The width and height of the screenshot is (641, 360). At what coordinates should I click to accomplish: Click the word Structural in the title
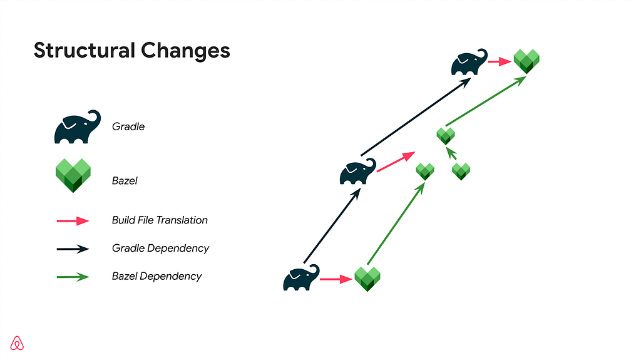(85, 50)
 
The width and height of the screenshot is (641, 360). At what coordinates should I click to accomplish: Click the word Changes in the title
(185, 51)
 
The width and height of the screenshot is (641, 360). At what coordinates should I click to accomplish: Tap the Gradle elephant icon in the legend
(77, 127)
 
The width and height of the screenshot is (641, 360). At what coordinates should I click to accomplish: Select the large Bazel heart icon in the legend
(73, 175)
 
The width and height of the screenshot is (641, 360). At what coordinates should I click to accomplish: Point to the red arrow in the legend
(73, 221)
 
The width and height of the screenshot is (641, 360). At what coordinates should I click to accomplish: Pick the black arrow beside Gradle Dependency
(73, 249)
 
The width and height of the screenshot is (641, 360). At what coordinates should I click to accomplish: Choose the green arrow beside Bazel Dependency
(73, 277)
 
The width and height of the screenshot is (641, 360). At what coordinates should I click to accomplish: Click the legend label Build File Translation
(160, 220)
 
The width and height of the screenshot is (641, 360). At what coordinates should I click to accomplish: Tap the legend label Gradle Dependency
(160, 249)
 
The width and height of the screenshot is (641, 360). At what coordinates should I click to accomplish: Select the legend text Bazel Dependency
(156, 277)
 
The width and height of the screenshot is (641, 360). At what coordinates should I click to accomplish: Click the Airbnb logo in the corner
(17, 343)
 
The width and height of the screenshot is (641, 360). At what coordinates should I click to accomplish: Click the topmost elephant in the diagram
(469, 62)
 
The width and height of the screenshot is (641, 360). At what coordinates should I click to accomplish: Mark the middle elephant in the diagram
(358, 172)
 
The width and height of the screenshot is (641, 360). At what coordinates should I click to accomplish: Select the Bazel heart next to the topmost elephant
(526, 61)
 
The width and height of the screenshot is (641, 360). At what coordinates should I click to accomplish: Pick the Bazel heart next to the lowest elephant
(367, 279)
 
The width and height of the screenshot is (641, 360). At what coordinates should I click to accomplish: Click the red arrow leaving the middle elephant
(396, 162)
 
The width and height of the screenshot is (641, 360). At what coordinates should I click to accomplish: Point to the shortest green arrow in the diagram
(451, 153)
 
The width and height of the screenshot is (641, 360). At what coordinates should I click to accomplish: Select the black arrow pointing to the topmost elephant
(416, 116)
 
